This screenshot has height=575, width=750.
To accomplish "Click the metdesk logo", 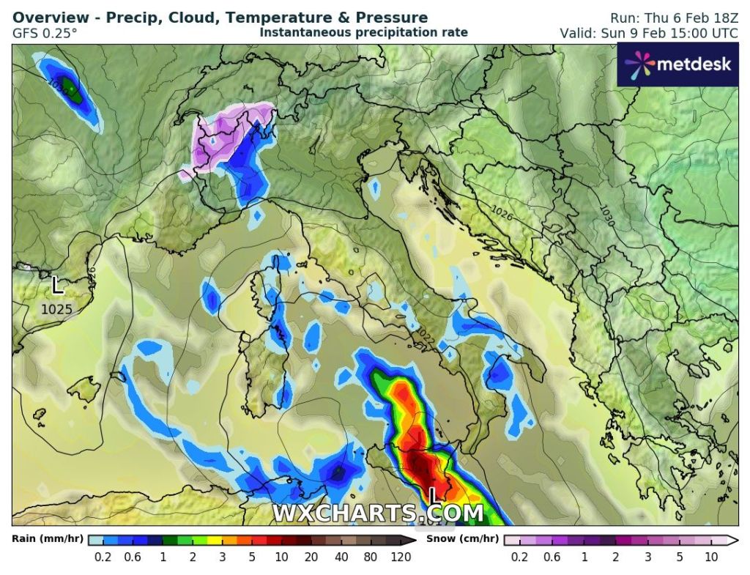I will pos(677,64).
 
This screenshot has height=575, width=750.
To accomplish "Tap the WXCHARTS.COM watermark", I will pos(378,513).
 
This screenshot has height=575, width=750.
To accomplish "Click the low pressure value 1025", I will pos(56,310).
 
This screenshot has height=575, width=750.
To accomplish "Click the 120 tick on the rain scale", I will pos(401,557).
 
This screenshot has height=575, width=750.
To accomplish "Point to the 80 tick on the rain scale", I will pos(371,557).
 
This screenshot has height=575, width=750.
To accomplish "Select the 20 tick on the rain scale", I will pos(311,557).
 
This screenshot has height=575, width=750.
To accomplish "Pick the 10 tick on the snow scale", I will pos(710,557).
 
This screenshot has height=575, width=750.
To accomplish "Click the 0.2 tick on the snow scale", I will pos(519,557).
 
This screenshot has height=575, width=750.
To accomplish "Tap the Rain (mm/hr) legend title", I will pos(45,539).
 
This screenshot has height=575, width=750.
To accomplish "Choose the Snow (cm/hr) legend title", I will pos(464,539).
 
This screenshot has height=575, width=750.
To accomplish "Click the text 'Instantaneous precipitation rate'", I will pos(363,32).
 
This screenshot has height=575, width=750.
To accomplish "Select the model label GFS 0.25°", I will pos(45,33).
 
